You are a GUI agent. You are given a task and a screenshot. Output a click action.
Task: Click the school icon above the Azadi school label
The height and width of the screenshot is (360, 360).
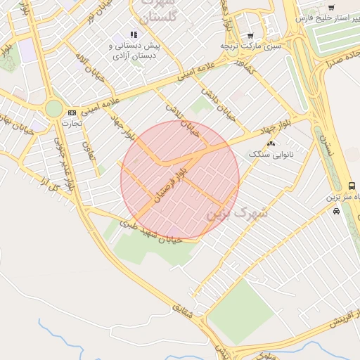tap(134, 34)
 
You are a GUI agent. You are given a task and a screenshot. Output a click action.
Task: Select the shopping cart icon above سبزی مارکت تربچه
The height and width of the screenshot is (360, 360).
tap(250, 35)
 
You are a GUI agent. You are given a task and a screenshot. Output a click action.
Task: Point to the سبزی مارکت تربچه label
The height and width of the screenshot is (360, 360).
tap(250, 46)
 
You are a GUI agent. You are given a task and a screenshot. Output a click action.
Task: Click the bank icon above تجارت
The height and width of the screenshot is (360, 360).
tap(72, 112)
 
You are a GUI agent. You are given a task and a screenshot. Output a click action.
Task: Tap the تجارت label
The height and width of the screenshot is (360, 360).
tap(72, 123)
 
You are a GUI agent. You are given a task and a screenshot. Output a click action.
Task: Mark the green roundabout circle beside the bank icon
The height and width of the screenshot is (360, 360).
tap(53, 108)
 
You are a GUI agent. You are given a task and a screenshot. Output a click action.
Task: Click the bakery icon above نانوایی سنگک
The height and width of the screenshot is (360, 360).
tap(271, 143)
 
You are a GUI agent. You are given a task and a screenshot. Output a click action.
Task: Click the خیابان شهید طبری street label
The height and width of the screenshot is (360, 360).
tap(150, 231)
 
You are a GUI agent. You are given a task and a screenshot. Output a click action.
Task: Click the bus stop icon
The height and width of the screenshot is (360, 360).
tap(352, 186)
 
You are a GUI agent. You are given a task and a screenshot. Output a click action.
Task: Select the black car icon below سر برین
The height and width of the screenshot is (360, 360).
tap(336, 210)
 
